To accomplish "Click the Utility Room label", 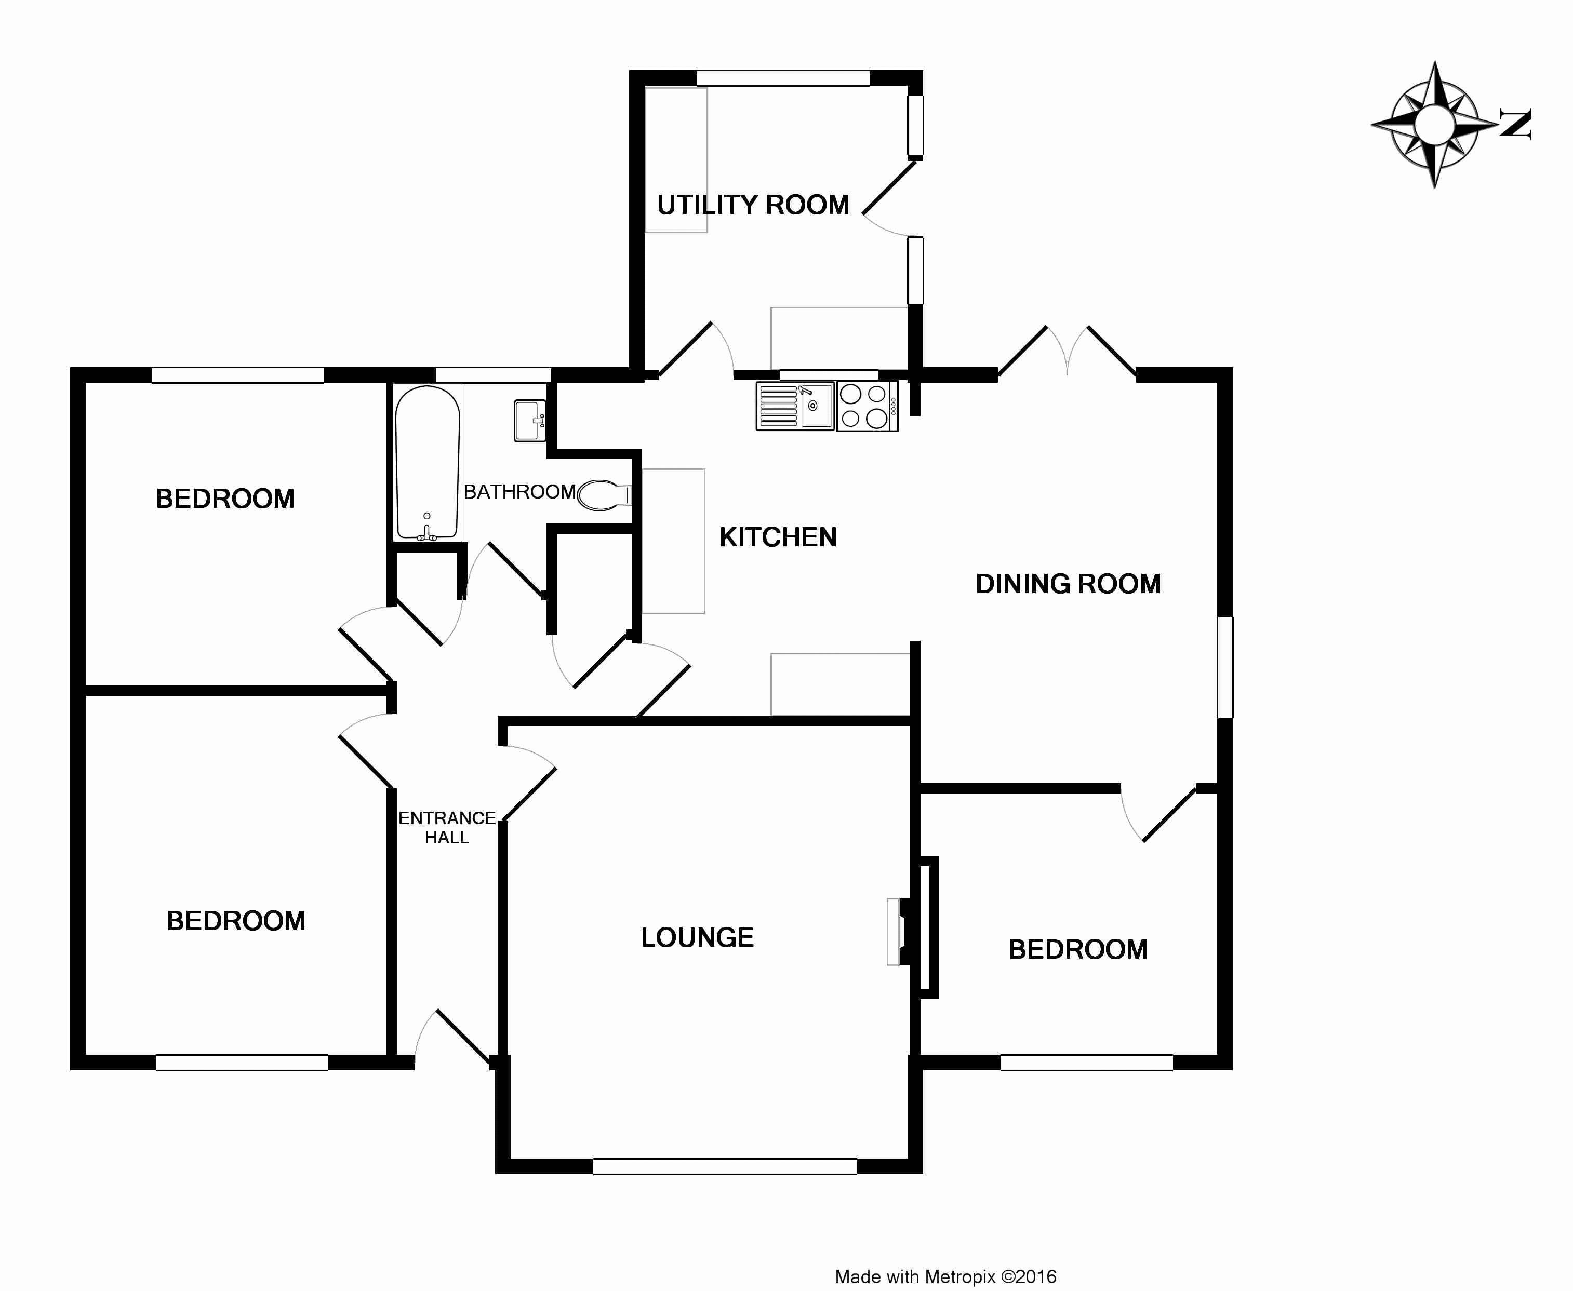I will coord(753,205).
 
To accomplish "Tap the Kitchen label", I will coord(778,537).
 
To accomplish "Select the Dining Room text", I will coord(1068,584).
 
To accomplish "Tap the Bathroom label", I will coord(519,492).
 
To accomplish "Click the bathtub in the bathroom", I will coord(427,463).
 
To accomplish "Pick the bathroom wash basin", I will coord(529,420).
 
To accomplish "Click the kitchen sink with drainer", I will coord(795,406).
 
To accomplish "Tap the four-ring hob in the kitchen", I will coord(867,406).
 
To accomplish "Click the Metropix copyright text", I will coord(945,1277).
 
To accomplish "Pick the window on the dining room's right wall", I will coord(1224,667).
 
